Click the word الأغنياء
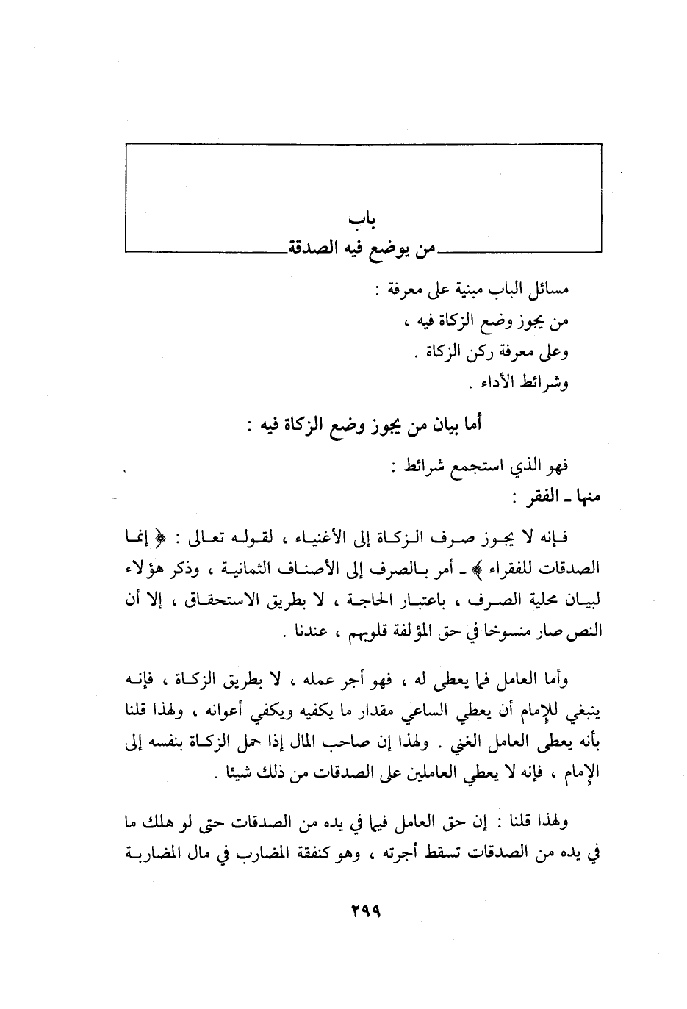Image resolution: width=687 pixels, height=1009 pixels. point(313,540)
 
